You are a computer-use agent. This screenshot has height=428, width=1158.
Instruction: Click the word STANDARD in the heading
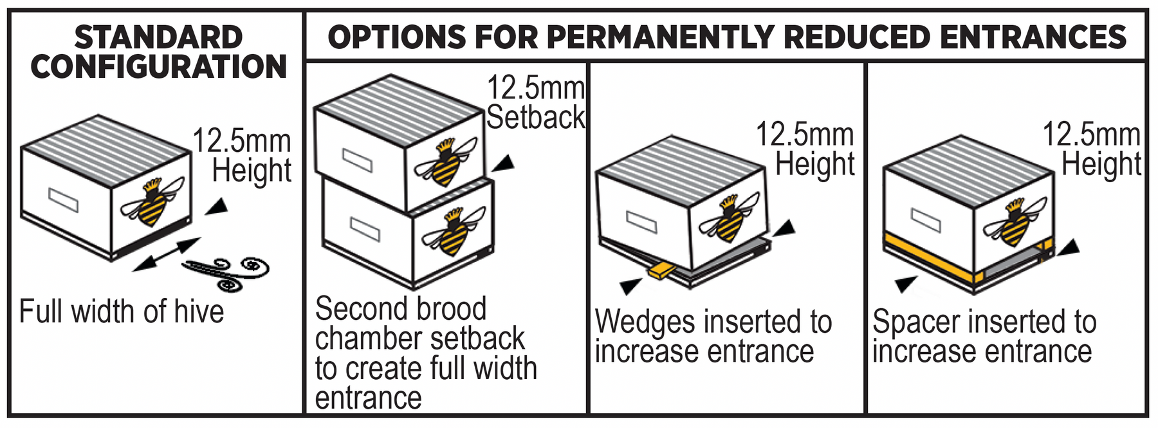(x=158, y=37)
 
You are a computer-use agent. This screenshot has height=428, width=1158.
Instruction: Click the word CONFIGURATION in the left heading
(x=158, y=67)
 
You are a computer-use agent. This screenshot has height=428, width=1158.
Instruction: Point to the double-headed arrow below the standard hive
(x=167, y=254)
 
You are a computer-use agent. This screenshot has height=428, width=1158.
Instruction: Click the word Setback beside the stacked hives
(x=535, y=117)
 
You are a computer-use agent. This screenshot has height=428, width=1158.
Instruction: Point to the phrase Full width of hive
(x=122, y=312)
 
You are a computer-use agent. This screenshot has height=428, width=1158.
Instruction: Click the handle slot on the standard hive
(x=64, y=200)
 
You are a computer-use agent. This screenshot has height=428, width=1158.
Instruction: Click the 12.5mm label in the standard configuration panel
(x=242, y=141)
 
